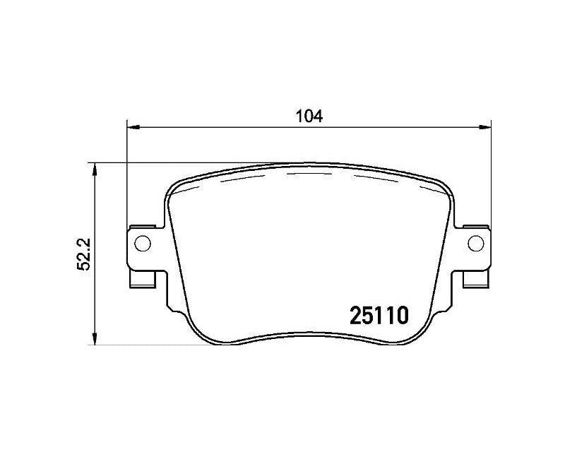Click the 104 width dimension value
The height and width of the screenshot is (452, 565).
coord(309,117)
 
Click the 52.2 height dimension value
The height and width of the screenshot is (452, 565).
coord(84,254)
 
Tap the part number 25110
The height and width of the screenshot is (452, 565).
coord(379,316)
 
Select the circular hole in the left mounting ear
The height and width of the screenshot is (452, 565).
coord(143,243)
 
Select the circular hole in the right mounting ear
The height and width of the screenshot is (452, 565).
coord(476,243)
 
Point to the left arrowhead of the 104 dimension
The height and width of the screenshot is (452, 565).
coord(133,127)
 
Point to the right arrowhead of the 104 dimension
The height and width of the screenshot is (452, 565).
coord(485,127)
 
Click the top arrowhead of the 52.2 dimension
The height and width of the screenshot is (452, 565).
coord(95,169)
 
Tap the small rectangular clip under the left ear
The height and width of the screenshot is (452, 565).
coord(143,280)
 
